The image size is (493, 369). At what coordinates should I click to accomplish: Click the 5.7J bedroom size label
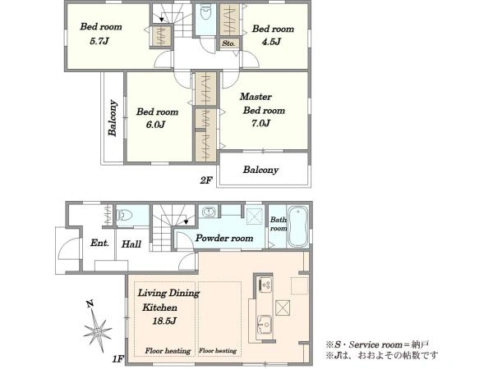pos(99,41)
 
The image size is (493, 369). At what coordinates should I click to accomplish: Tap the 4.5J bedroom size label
pos(271,42)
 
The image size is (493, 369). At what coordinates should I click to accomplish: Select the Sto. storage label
pos(228,43)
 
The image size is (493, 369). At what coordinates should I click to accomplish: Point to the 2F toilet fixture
pos(205,13)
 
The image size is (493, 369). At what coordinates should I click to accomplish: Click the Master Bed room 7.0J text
pos(262,110)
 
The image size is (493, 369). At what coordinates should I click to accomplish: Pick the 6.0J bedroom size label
pos(155,125)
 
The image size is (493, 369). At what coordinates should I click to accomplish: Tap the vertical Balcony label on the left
pos(113,117)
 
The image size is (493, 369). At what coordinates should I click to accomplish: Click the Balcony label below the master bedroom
pos(260,170)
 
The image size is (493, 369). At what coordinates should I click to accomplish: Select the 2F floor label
pos(206,180)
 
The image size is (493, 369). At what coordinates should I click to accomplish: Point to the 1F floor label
pos(118,358)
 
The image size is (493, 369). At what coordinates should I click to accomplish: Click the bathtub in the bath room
pos(297,226)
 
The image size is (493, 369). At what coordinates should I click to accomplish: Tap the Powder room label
pos(224,238)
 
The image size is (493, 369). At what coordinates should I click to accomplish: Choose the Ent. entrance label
pos(99,243)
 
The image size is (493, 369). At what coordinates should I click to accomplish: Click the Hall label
pos(131,244)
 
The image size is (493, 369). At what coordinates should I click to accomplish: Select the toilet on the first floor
pos(125,215)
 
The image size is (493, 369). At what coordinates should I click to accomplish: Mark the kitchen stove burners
pos(265,285)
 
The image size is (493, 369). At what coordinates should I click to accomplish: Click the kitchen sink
pos(265,325)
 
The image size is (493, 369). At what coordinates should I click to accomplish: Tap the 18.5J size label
pos(164,321)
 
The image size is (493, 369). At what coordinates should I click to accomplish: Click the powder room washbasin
pos(208,212)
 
